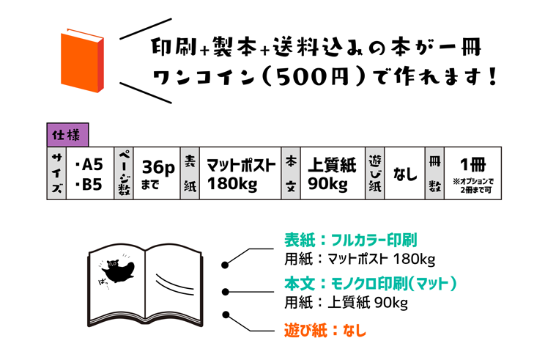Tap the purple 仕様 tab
click(67, 134)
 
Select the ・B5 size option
click(88, 184)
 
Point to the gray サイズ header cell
click(56, 173)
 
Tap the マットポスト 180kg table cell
click(240, 174)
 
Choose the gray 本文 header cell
click(291, 173)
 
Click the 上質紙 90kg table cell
click(331, 174)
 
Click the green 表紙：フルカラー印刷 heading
click(350, 240)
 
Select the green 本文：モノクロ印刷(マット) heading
click(371, 283)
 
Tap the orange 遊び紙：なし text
click(325, 330)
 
